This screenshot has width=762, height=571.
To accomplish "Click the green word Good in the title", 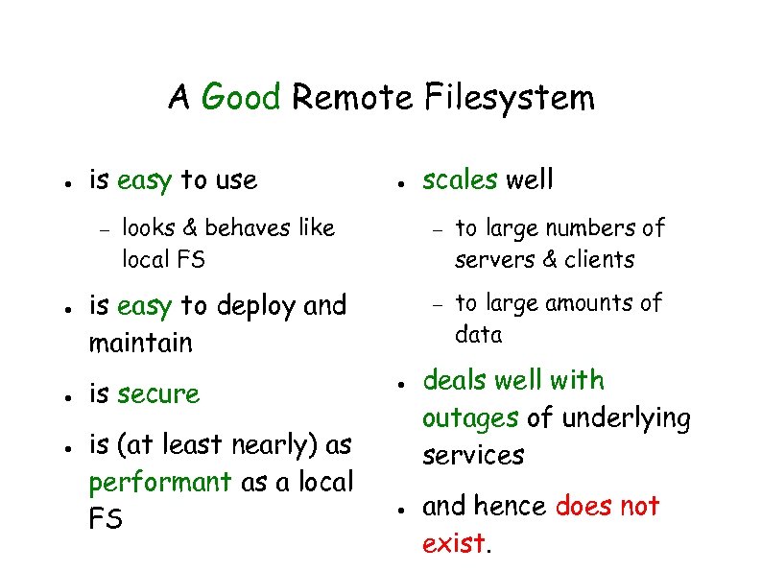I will [242, 97].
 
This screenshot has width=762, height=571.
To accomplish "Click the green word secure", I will [157, 394].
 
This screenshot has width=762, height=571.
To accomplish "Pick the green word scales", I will [460, 179].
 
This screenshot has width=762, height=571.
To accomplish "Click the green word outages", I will [471, 418].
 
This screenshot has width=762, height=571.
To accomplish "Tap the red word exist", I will [454, 543].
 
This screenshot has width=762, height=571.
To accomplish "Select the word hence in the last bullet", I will [513, 506].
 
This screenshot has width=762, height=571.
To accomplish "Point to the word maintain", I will [140, 343].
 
